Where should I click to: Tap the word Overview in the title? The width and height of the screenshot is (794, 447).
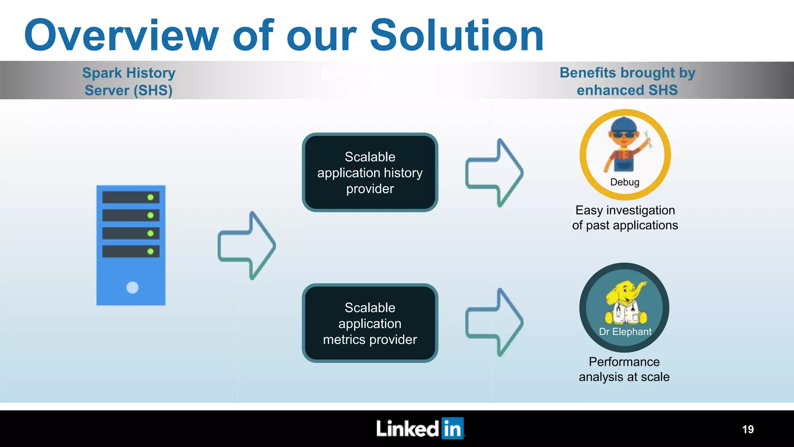[121, 36]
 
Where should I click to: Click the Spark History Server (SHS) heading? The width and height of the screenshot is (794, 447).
[129, 81]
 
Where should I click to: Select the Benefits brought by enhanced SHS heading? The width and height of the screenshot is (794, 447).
[627, 81]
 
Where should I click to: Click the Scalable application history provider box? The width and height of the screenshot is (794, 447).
[370, 173]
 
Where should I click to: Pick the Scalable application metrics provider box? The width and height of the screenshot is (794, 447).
[370, 323]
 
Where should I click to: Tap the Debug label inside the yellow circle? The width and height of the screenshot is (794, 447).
[625, 182]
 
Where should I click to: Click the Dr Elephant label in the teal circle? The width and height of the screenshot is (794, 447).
[625, 332]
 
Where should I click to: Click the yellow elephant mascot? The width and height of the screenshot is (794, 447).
[625, 303]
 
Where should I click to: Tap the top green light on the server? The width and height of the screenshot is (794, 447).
[150, 197]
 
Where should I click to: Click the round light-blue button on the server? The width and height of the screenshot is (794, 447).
[132, 288]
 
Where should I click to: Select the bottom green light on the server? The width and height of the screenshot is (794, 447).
[150, 251]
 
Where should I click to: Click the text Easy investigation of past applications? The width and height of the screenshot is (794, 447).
[625, 218]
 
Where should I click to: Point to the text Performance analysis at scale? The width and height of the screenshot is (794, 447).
[624, 369]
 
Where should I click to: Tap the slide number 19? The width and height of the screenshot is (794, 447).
[748, 429]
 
